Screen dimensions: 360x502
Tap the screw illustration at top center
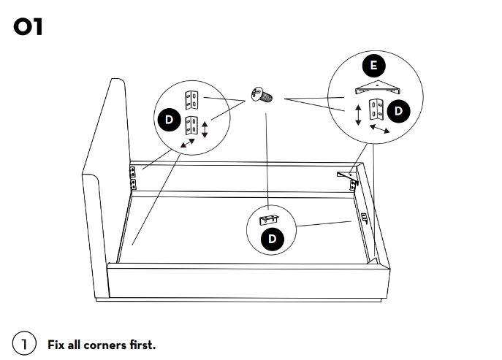tap(261, 94)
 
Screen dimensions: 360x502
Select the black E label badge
tap(373, 66)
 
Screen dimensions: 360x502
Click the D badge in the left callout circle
tap(167, 119)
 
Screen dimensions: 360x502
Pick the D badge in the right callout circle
tap(399, 111)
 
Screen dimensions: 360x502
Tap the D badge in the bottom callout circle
tap(272, 239)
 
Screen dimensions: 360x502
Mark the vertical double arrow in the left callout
tap(205, 130)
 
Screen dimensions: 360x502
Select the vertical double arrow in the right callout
tap(358, 115)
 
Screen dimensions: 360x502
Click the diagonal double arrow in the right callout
tap(378, 129)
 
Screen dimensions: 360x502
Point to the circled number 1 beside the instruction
tap(24, 343)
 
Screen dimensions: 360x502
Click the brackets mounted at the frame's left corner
tap(133, 177)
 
